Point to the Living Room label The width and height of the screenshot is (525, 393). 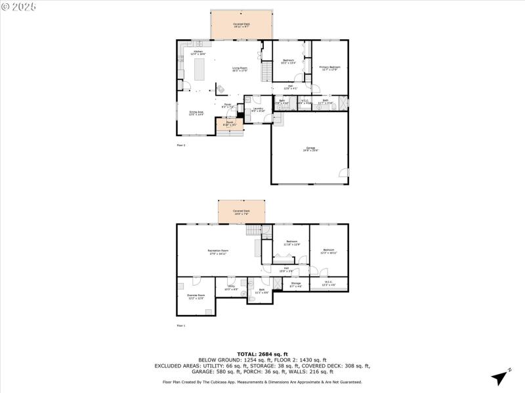tap(240, 69)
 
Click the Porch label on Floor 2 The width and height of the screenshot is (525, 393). tap(230, 123)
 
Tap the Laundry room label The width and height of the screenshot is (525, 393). tap(258, 109)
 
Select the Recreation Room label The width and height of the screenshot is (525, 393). tap(218, 252)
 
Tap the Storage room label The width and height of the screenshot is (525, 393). tap(296, 284)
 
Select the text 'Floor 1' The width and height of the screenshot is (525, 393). tap(181, 326)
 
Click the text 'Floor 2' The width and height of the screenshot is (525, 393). tap(181, 145)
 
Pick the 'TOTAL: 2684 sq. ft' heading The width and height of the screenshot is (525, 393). tap(262, 354)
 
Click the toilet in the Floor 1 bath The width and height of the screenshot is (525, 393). tap(251, 299)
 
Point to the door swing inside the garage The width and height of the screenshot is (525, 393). tap(343, 173)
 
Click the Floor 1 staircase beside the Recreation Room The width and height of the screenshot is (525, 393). tap(254, 230)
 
